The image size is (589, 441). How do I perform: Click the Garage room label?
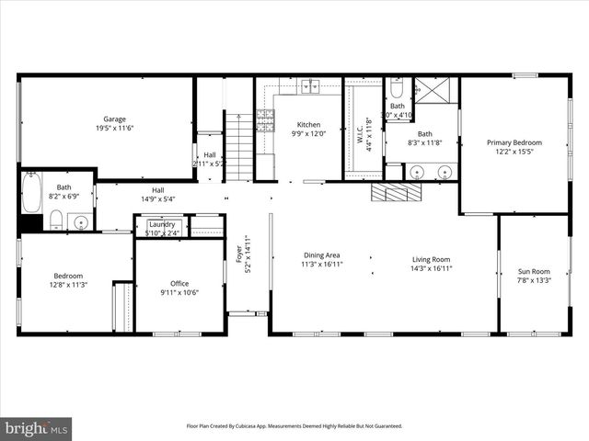point(114,119)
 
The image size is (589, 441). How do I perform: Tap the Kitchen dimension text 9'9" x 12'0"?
point(307,134)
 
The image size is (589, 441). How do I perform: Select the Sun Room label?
point(534,271)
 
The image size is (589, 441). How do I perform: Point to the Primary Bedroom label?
point(514,142)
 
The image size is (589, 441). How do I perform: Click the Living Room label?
point(430,259)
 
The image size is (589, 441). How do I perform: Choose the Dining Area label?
point(322,254)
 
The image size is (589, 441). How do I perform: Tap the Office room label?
point(179,283)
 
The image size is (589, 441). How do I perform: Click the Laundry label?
point(161,224)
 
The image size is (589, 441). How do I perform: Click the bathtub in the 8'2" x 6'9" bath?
point(31,191)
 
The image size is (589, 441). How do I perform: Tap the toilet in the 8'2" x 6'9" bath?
point(55,220)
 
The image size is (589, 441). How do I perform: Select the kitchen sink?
point(309,88)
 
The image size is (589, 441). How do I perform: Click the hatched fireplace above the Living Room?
point(396,191)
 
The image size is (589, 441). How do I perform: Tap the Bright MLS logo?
point(37,428)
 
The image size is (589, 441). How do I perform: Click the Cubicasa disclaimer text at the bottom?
point(294,426)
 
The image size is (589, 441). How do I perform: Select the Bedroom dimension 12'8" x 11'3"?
point(68,285)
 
